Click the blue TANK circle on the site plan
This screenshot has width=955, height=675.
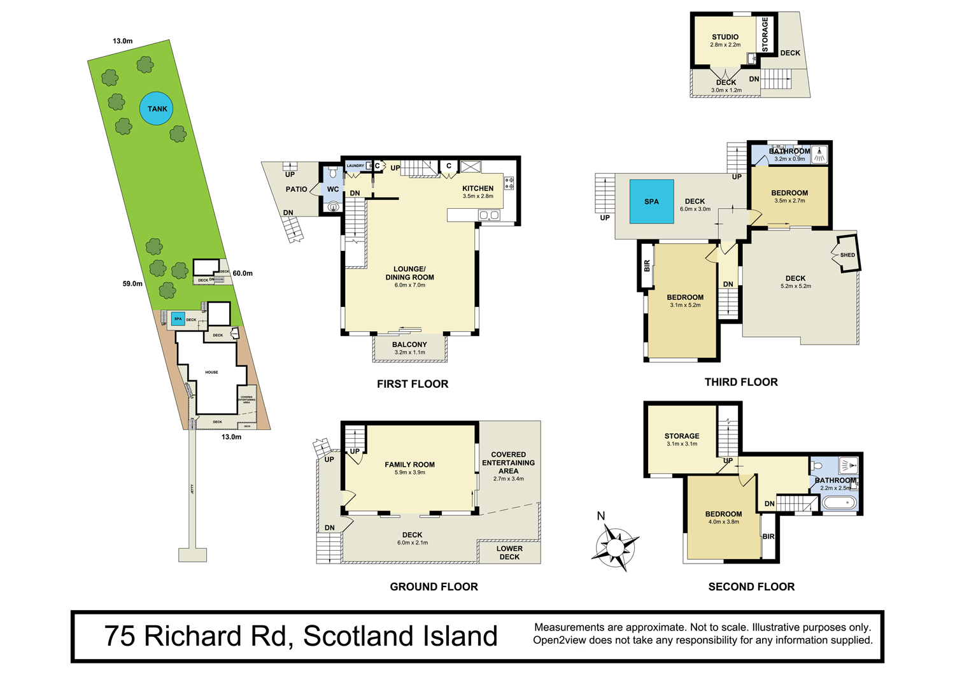(157, 109)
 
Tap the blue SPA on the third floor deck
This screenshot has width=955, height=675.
(651, 201)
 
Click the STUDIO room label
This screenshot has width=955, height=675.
(725, 37)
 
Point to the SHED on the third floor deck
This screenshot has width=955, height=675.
(847, 255)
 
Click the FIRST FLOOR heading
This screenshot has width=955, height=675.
(413, 384)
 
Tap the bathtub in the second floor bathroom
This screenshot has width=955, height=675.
(840, 503)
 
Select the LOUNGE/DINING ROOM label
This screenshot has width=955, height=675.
(409, 273)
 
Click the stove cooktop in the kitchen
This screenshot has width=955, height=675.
(509, 183)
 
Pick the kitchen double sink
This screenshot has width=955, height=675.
(489, 215)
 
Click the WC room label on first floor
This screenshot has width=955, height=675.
(333, 189)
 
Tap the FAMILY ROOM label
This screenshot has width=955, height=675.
(409, 465)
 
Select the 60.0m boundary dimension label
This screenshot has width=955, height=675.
(243, 273)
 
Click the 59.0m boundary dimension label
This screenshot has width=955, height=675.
(132, 283)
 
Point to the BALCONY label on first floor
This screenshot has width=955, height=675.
(409, 345)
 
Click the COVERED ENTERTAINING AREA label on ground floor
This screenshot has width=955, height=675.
(508, 463)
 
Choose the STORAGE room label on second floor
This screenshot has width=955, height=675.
(682, 436)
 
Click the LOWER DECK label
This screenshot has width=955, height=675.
(509, 553)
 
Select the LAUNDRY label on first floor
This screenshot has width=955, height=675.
(355, 166)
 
